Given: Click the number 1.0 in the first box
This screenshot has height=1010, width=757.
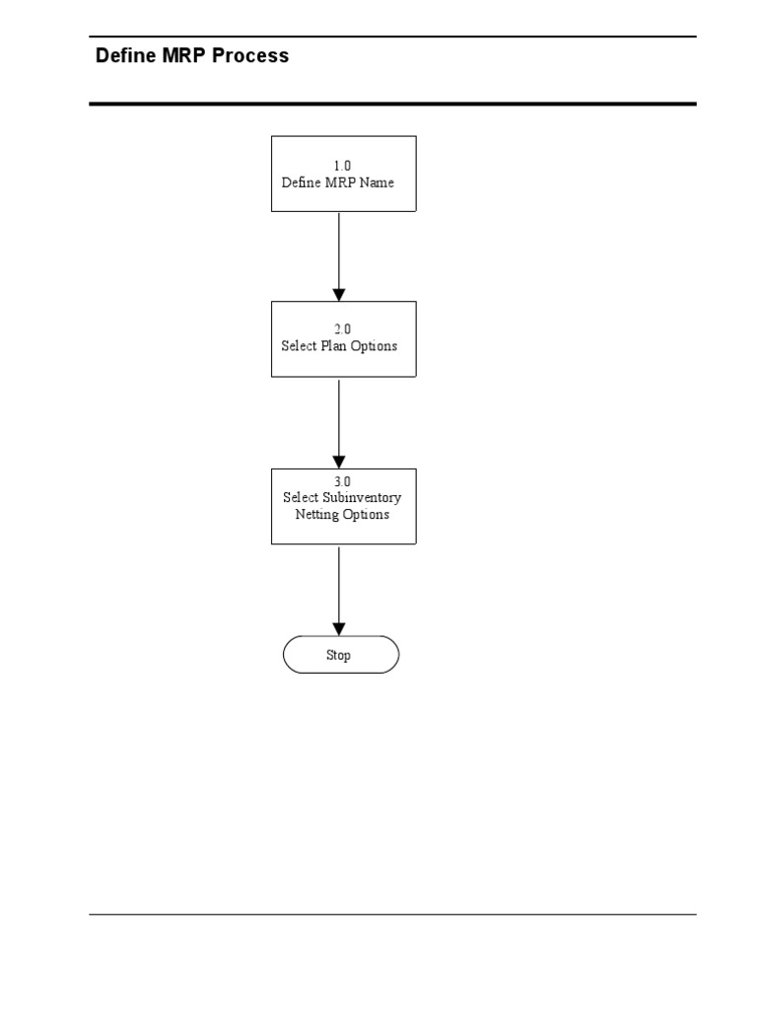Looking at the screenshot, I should point(343,166).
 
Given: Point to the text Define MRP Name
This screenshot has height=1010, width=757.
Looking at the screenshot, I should point(338,182).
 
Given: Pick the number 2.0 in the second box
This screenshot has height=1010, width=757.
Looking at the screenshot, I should point(343,329).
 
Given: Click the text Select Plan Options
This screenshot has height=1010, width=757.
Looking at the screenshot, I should point(339,346).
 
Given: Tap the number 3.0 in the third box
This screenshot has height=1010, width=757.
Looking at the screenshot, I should point(343,481).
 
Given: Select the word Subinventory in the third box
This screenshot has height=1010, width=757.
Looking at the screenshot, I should point(362,498).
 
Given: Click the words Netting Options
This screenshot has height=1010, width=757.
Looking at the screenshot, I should point(342,515).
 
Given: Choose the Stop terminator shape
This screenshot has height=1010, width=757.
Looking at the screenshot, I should point(341,655).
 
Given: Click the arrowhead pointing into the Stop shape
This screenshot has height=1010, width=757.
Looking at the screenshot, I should point(339,628).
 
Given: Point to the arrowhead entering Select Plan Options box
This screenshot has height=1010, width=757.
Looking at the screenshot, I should point(339,294).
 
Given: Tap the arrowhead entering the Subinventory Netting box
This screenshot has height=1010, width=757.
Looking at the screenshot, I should point(339,462).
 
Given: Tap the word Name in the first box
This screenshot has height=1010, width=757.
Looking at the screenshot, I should point(377,182).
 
